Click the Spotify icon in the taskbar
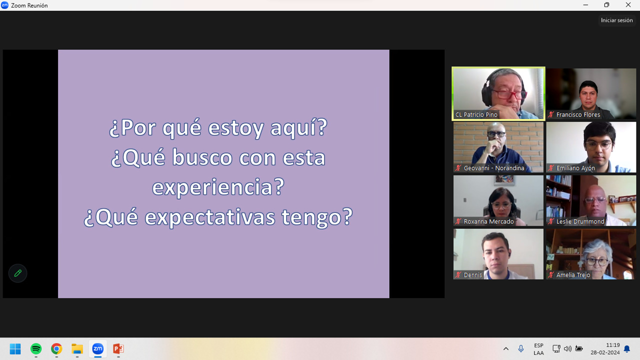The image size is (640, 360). point(36,348)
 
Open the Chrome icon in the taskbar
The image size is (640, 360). point(56,348)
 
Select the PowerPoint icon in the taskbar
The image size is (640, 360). point(118,348)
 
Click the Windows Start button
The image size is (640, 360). point(15,348)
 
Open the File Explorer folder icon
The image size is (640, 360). point(77,349)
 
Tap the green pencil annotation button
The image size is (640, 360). point(17,273)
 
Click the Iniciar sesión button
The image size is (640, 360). point(616,20)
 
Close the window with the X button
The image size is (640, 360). point(628,5)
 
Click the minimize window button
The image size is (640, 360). point(585,5)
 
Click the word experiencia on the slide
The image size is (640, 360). point(218,187)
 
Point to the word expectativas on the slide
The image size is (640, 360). point(209,217)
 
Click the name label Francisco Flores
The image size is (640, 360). point(578,114)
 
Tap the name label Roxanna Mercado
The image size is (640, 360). point(488,221)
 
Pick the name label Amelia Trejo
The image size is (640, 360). point(573,275)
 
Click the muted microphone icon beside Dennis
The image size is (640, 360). point(458,275)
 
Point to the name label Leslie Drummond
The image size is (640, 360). point(580,221)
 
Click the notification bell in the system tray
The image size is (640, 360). point(627,349)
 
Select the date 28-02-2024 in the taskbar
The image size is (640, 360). point(605,352)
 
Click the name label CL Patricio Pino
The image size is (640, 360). point(476,114)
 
